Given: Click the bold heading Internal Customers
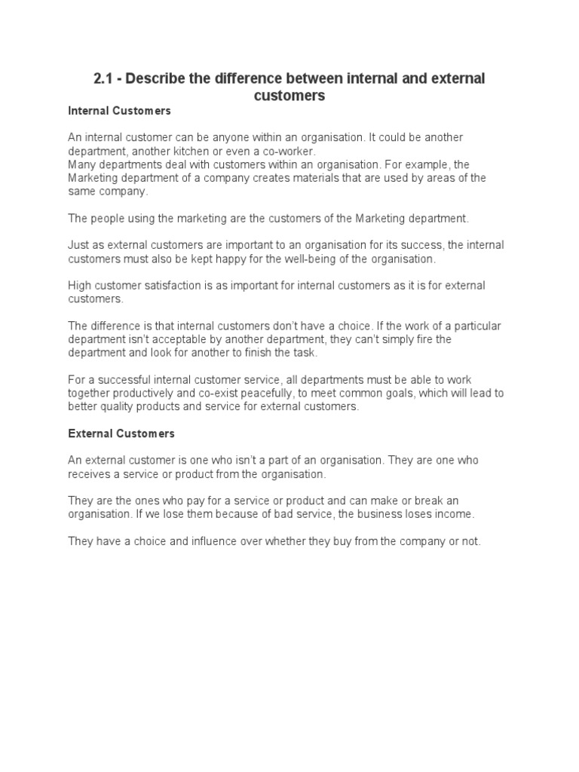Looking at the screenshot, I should pyautogui.click(x=119, y=111).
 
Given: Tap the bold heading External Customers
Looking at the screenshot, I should pyautogui.click(x=121, y=433).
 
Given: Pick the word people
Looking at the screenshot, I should pyautogui.click(x=106, y=219).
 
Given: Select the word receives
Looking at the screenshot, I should pyautogui.click(x=89, y=474).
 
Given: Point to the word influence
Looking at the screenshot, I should pyautogui.click(x=216, y=541).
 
